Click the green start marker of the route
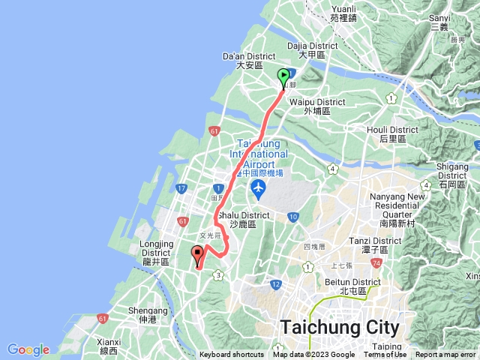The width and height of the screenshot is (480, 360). pos(283,76)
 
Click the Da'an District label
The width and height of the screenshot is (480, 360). pos(250,61)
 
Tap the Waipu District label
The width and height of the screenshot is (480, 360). pos(325,106)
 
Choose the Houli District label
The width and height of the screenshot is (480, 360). pos(386,134)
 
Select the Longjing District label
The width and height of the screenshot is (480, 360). pos(157,247)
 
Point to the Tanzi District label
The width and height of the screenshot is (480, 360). pos(370,244)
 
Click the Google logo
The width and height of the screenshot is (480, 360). pos(28,349)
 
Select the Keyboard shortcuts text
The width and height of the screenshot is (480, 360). pos(231,355)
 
